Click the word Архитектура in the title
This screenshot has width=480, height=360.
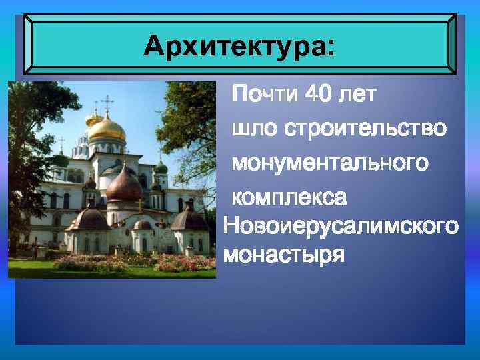point(233,47)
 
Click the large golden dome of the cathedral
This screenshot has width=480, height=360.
point(107,128)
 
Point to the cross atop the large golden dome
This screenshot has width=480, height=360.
point(107,101)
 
